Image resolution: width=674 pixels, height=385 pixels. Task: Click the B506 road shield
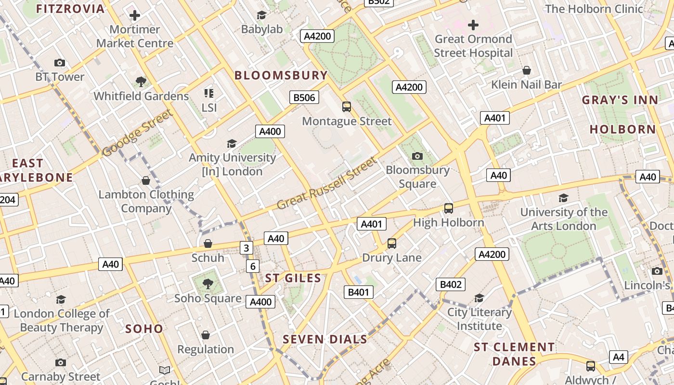[304, 98]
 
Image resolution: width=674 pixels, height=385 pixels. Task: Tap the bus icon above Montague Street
[347, 106]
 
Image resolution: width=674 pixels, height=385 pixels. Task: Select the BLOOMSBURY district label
[281, 76]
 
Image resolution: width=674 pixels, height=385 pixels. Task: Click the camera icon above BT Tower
[60, 63]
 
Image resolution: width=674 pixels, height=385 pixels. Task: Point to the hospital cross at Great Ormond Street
[473, 25]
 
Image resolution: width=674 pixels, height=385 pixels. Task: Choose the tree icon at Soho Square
[208, 283]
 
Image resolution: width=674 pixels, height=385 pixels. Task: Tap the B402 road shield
[451, 284]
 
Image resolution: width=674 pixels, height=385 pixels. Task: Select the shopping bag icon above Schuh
[208, 244]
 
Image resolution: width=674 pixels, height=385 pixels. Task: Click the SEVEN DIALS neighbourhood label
[325, 339]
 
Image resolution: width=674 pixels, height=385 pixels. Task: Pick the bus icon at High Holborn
[449, 208]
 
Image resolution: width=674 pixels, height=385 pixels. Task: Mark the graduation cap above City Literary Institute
[479, 298]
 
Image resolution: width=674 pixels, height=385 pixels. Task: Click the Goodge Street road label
[137, 133]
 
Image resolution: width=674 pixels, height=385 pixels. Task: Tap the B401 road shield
[359, 292]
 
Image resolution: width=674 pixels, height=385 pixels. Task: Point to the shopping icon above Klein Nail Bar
[527, 70]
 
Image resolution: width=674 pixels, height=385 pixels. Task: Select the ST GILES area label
[293, 278]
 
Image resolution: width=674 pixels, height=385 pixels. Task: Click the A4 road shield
[619, 357]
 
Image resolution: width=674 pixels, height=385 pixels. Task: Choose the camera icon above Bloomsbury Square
[417, 156]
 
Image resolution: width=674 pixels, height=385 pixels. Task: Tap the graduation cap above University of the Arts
[563, 198]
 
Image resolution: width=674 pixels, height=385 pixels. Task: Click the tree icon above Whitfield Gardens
[141, 81]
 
